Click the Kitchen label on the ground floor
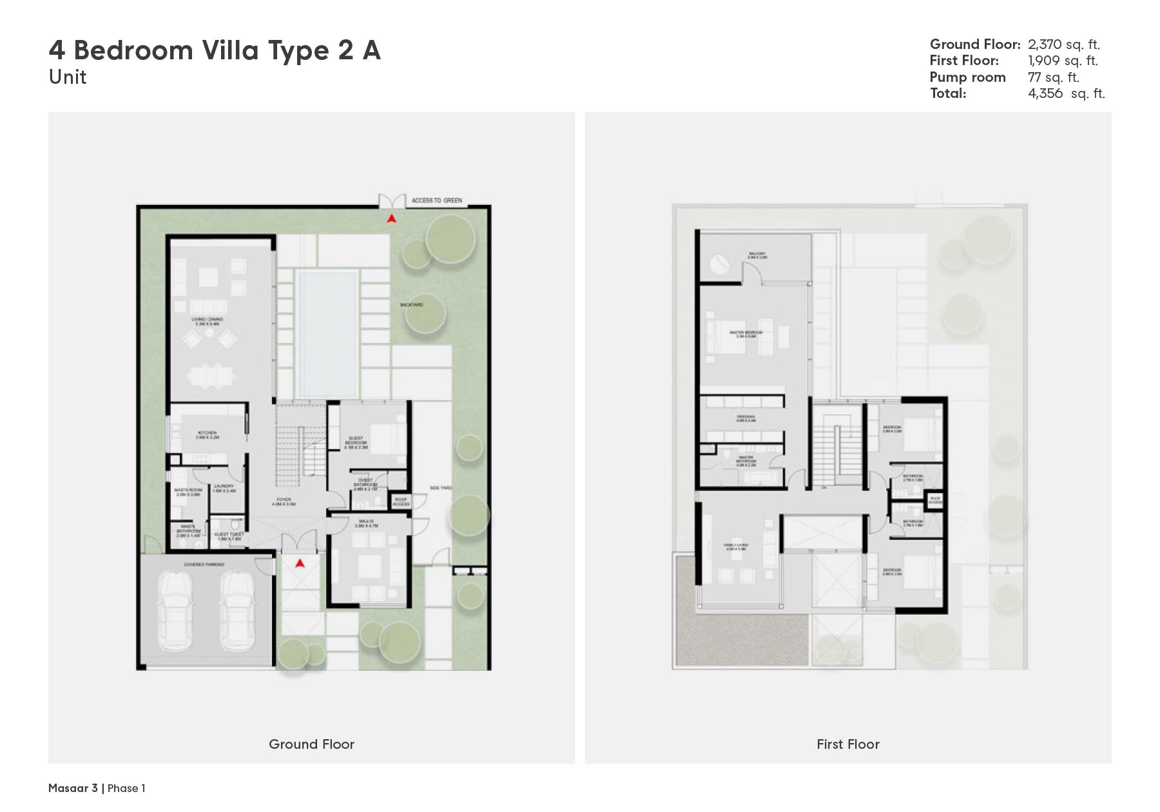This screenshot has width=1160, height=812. click(208, 434)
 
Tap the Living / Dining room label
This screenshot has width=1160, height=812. click(207, 321)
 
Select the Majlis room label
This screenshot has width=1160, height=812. click(366, 523)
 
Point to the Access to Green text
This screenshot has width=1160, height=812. click(437, 200)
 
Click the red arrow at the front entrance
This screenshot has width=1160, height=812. click(300, 564)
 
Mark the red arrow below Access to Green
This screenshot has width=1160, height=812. click(391, 219)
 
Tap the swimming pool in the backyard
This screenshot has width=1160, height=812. click(326, 334)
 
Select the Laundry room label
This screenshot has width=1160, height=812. click(224, 488)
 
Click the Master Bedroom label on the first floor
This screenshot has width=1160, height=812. click(746, 334)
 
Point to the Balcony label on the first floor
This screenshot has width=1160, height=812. click(757, 255)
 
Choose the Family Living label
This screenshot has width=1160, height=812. click(737, 547)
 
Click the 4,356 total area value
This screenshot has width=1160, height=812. click(1045, 93)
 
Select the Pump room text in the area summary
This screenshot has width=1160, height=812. click(967, 77)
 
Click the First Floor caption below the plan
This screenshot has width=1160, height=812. click(847, 744)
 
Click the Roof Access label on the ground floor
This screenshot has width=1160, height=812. click(401, 501)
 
